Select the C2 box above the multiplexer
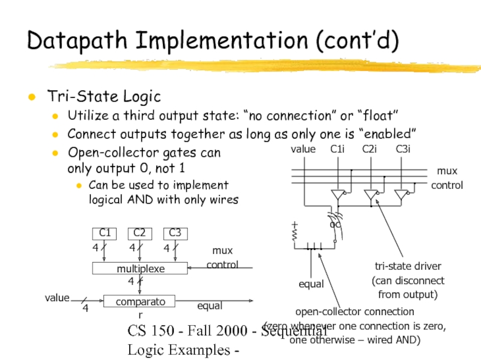coord(140,233)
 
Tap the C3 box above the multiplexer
coord(175,233)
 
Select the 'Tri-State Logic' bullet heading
coord(104,96)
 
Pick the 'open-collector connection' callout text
coord(354,311)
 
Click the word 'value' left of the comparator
coord(57,297)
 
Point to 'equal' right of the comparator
coord(209,306)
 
